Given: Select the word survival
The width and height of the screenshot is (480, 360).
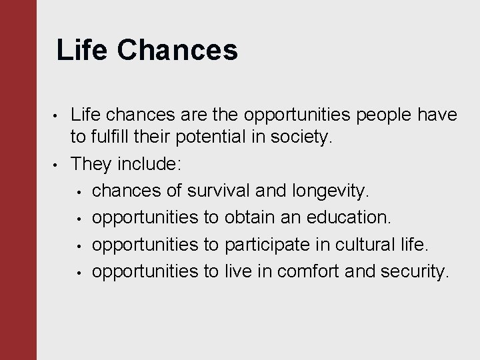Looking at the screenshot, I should click(221, 191).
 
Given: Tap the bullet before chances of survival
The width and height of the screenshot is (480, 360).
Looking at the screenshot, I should click(78, 192).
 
